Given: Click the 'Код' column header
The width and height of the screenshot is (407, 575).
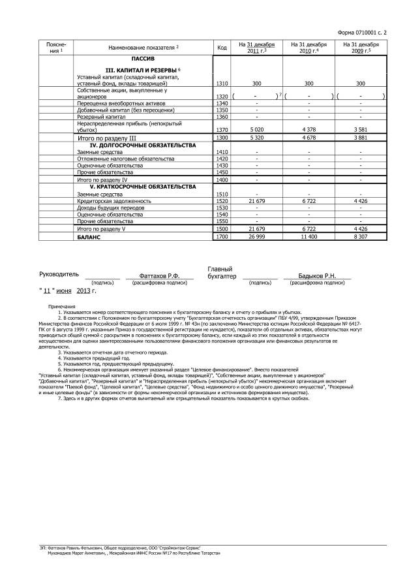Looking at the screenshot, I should [222, 48].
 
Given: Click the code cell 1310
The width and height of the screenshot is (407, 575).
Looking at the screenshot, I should [222, 84].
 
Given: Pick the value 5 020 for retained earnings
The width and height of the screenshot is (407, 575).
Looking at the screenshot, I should [256, 129].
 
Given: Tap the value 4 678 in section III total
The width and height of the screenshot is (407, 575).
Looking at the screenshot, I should [309, 138].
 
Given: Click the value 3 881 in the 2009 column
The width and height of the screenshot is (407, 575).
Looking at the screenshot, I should [361, 138].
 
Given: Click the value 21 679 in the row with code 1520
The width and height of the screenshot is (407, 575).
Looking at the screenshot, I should [256, 201].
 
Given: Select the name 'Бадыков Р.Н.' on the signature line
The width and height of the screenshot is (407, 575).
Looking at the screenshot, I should [316, 276].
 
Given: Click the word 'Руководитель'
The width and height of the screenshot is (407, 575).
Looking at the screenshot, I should [59, 275].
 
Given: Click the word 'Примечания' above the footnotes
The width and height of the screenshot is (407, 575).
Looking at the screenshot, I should [61, 306].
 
